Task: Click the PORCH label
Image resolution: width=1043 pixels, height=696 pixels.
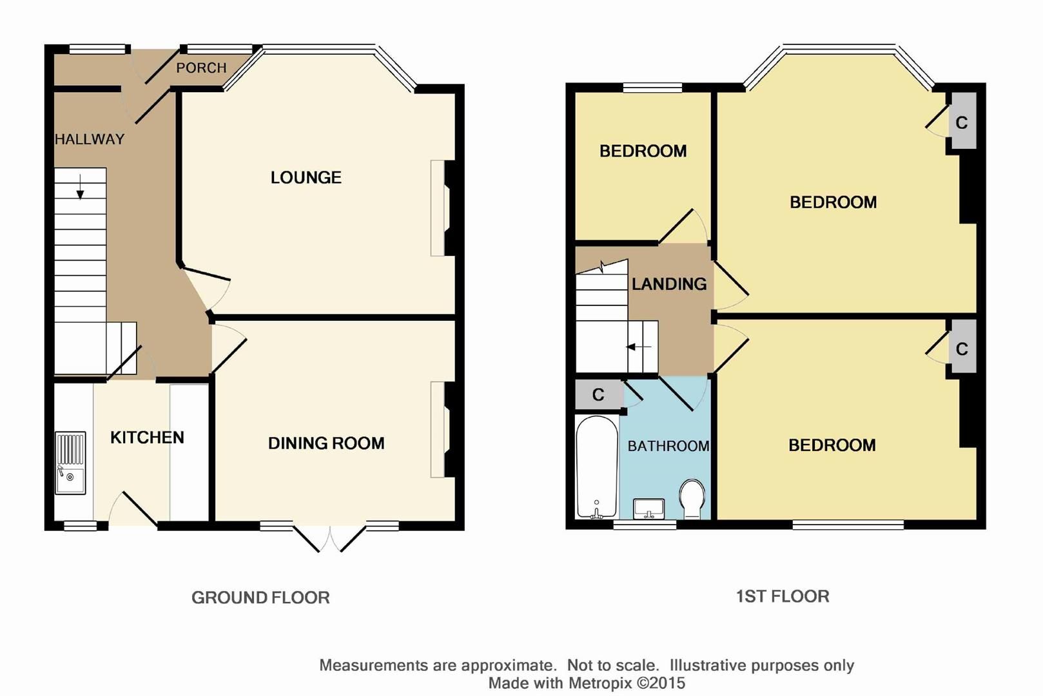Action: click(201, 68)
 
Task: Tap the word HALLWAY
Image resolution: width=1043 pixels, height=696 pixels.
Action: click(90, 139)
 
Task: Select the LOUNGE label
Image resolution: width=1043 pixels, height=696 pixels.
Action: click(306, 177)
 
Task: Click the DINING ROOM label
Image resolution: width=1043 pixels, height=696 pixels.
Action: click(326, 443)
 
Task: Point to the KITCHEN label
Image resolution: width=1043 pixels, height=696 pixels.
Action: click(147, 437)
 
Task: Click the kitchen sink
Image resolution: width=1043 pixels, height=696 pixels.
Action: click(70, 463)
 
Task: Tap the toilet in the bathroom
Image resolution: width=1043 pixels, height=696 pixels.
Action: click(692, 498)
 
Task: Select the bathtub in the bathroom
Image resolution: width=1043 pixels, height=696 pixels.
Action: click(596, 467)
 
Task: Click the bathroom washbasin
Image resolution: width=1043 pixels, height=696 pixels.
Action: click(649, 508)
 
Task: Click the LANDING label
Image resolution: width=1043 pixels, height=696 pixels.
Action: click(669, 284)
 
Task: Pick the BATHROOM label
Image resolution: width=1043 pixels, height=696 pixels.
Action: click(668, 445)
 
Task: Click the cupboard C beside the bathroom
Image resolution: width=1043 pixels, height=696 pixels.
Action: click(598, 394)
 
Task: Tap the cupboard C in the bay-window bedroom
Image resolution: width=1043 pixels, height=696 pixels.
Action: click(962, 122)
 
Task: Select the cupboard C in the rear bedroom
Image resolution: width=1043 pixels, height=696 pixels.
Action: click(962, 349)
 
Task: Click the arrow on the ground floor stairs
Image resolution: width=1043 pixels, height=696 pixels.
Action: click(80, 187)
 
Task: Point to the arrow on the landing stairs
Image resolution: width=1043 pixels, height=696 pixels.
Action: click(639, 347)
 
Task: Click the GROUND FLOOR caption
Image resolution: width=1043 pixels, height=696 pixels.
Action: click(260, 597)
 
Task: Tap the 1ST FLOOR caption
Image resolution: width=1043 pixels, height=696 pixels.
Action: click(782, 596)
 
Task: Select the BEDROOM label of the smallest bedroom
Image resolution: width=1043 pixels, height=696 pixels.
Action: click(643, 151)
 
